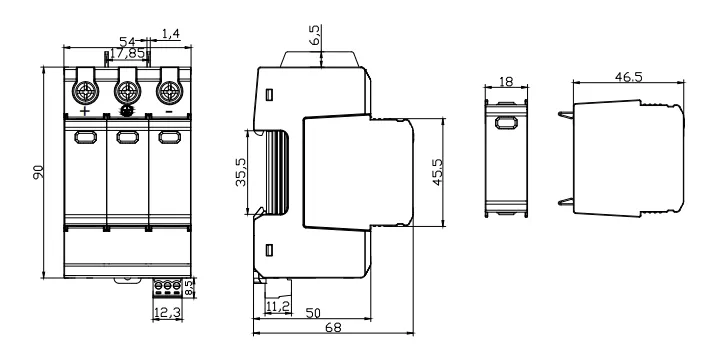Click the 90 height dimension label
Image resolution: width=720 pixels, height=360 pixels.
pyautogui.click(x=39, y=172)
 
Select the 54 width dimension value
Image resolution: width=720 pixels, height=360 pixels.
pyautogui.click(x=127, y=42)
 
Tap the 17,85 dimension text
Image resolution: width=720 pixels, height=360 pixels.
pyautogui.click(x=127, y=53)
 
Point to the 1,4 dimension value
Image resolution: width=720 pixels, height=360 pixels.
pyautogui.click(x=171, y=34)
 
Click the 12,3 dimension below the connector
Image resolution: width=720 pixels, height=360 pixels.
pyautogui.click(x=167, y=313)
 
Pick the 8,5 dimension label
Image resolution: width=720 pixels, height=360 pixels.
pyautogui.click(x=189, y=287)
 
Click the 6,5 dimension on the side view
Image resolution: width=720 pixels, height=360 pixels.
pyautogui.click(x=315, y=35)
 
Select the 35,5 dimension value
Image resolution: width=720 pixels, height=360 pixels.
pyautogui.click(x=241, y=172)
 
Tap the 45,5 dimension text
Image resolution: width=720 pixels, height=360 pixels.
pyautogui.click(x=438, y=172)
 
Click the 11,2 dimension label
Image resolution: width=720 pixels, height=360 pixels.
pyautogui.click(x=278, y=306)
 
